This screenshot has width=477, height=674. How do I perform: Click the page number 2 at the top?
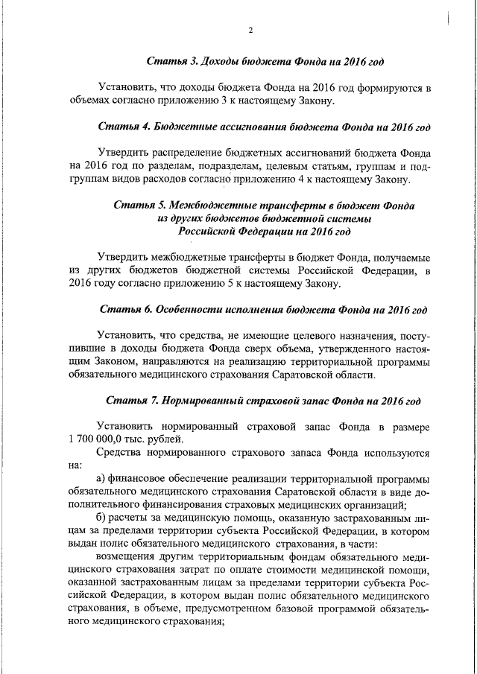tap(250, 30)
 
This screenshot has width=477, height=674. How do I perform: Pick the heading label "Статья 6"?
tap(124, 308)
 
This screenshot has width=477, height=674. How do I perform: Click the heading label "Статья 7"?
tap(130, 401)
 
